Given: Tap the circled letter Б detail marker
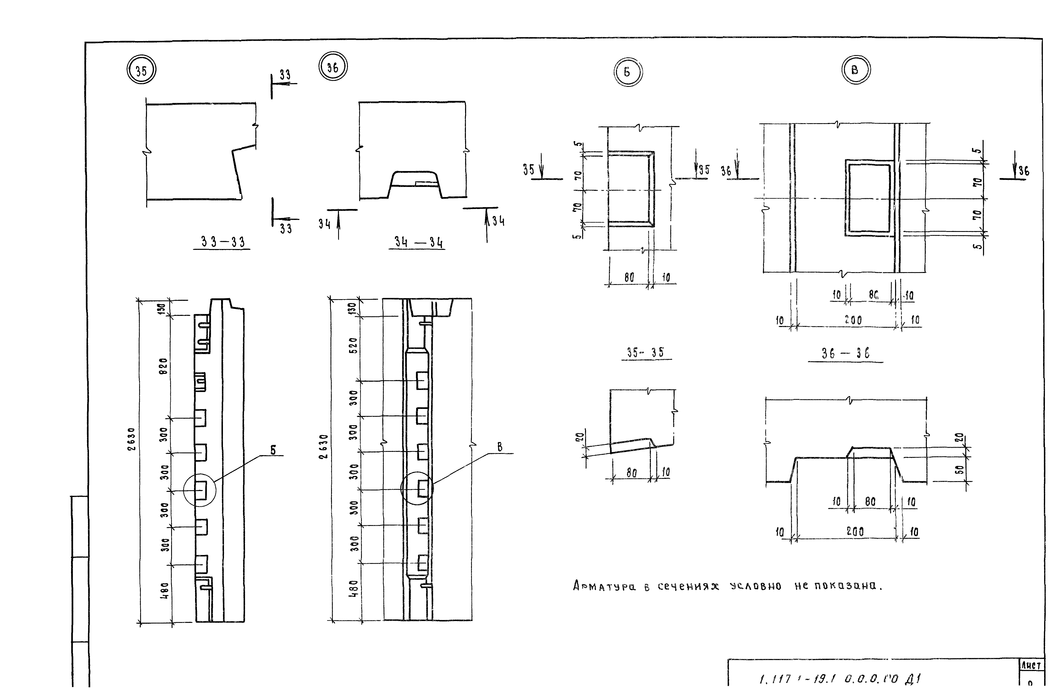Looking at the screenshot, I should click(x=628, y=72).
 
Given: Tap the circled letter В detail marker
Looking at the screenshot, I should click(x=856, y=70).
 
